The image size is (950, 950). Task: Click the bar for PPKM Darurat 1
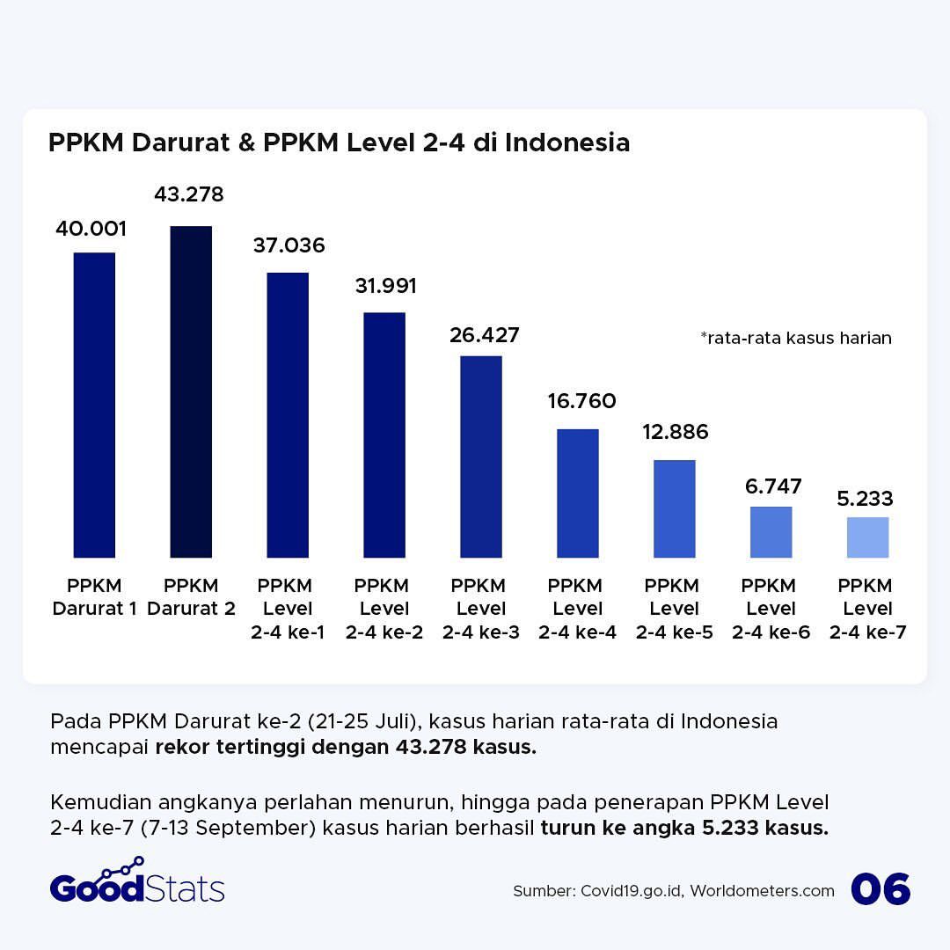(94, 405)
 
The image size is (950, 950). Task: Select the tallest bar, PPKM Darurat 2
(191, 391)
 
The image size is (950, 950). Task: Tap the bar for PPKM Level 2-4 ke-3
(481, 457)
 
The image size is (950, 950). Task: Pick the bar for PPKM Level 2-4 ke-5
(675, 508)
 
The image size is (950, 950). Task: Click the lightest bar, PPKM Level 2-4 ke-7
(867, 537)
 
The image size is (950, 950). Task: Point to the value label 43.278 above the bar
(189, 194)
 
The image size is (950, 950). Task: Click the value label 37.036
(289, 245)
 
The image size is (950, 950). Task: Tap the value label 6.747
(771, 486)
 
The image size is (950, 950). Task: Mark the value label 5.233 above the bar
(865, 500)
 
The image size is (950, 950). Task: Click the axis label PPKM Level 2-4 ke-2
(384, 609)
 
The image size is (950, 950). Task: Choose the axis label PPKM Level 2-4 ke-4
(578, 609)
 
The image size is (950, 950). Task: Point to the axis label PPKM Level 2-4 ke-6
(771, 609)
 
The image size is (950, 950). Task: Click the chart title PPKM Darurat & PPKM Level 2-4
(339, 142)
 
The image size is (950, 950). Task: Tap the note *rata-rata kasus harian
(796, 338)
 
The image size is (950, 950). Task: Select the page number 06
(881, 889)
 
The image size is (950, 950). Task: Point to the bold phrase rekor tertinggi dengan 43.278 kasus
(346, 749)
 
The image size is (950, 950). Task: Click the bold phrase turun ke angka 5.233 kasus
(684, 828)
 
